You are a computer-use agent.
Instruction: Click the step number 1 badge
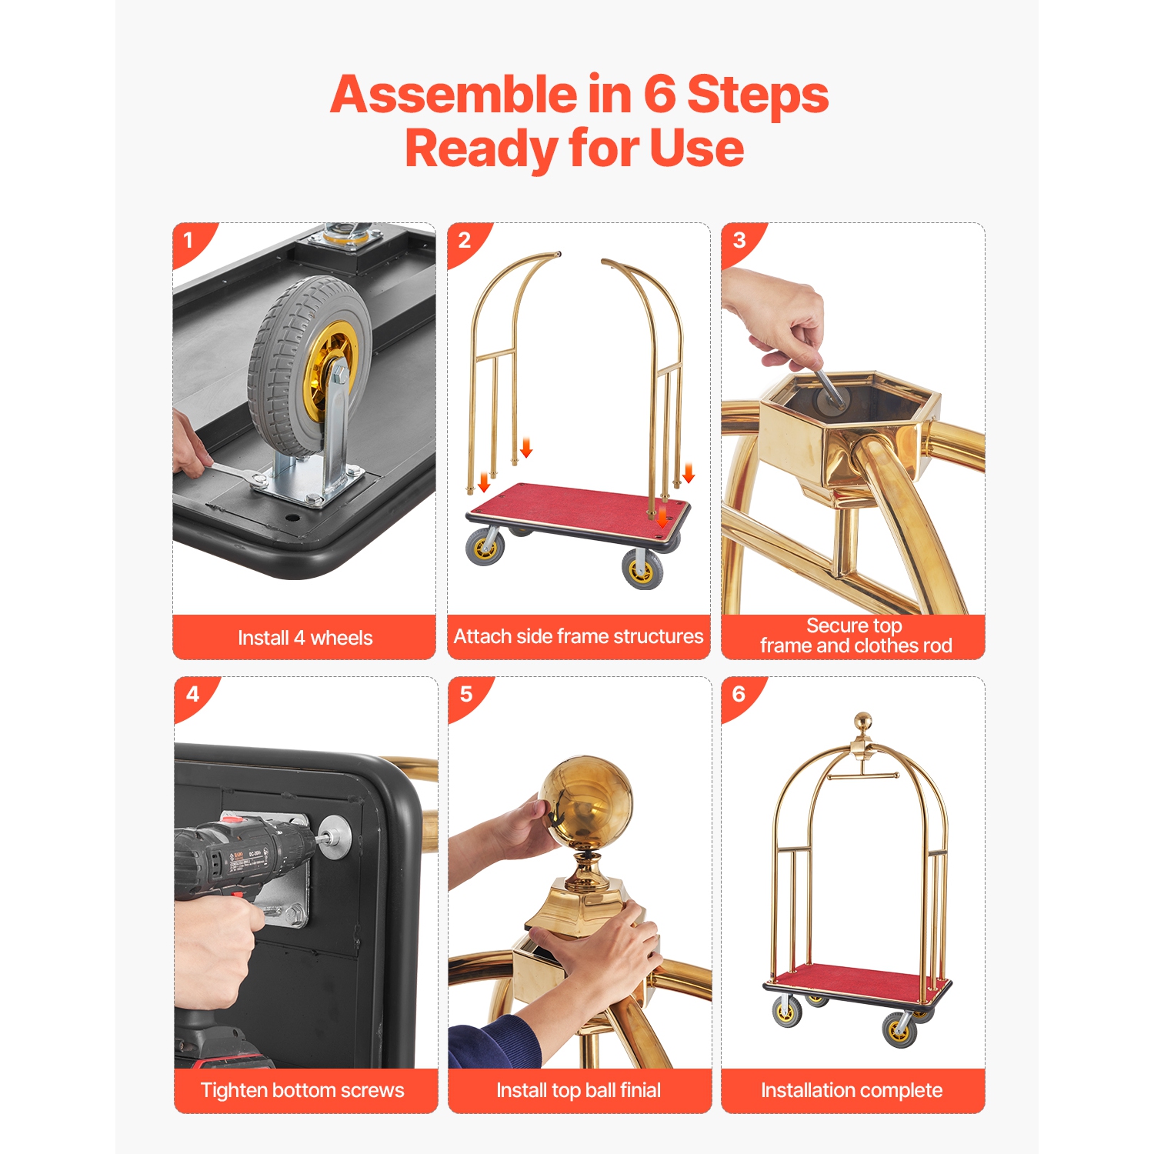pos(188,241)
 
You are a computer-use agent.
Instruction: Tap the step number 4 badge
pos(192,695)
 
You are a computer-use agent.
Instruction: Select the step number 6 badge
pos(739,695)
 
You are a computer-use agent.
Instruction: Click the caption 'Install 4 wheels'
pos(305,638)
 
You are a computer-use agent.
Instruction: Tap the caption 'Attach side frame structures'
pos(579,636)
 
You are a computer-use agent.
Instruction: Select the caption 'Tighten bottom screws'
pos(302,1090)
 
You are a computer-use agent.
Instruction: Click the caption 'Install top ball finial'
pos(579,1090)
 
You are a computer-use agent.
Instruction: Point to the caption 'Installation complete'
pos(852,1090)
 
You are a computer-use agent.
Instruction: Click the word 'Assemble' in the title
pos(453,95)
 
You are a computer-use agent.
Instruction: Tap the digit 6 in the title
pos(659,95)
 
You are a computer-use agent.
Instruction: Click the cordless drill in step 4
pos(238,854)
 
